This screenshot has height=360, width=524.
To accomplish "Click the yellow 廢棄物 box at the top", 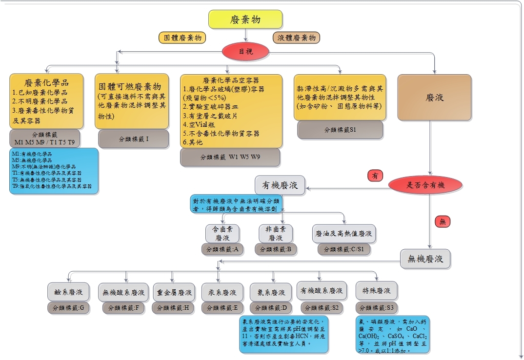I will click(245, 19).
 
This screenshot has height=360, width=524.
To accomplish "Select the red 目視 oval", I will click(245, 51).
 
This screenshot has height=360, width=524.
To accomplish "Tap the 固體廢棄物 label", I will click(182, 38).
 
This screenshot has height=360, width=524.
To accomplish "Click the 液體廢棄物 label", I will click(296, 38).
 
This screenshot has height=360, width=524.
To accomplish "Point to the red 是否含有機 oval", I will click(426, 185).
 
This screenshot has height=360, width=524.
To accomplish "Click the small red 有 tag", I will click(375, 176).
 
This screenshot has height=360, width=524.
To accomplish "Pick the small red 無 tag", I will click(443, 221).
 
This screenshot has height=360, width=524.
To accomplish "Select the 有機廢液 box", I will click(280, 185).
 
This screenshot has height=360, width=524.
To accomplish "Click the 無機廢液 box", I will click(425, 259).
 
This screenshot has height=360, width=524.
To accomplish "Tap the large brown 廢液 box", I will click(435, 98).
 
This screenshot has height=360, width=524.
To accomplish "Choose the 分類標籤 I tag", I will click(134, 139).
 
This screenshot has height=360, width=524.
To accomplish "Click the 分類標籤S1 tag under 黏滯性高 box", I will click(340, 130).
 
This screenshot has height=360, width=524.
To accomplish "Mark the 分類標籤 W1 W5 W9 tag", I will click(230, 157).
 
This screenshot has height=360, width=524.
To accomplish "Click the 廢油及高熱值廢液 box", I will click(344, 234).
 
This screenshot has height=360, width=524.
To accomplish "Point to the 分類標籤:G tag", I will click(68, 308).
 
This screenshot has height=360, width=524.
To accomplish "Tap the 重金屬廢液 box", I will click(174, 292).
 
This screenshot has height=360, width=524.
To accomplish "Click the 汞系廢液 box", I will click(222, 292).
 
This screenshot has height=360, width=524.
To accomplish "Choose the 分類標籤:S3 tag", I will click(376, 308).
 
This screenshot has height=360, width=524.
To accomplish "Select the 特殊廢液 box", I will click(376, 291).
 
